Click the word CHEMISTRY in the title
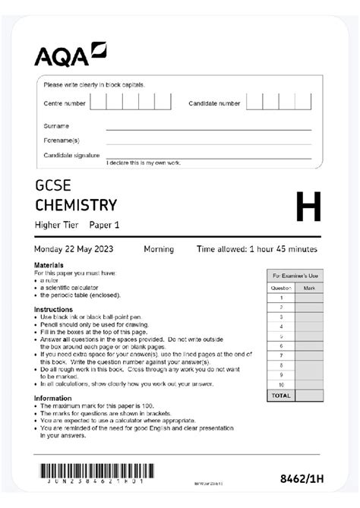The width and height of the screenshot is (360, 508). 76,205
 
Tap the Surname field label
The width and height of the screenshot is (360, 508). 56,126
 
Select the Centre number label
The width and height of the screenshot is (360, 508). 65,103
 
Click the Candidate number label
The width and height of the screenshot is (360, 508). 214,103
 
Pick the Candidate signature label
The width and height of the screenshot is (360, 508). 71,155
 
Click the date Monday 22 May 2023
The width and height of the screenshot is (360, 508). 82,249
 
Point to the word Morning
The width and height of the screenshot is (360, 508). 159,249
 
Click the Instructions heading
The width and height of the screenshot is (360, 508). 53,309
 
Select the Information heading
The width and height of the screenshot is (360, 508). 53,398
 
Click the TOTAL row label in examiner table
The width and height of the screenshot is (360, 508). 280,396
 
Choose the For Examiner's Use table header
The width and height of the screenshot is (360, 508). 295,276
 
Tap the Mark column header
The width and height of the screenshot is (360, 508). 309,288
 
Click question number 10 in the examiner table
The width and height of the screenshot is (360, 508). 280,385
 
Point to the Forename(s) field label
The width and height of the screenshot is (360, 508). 61,140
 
